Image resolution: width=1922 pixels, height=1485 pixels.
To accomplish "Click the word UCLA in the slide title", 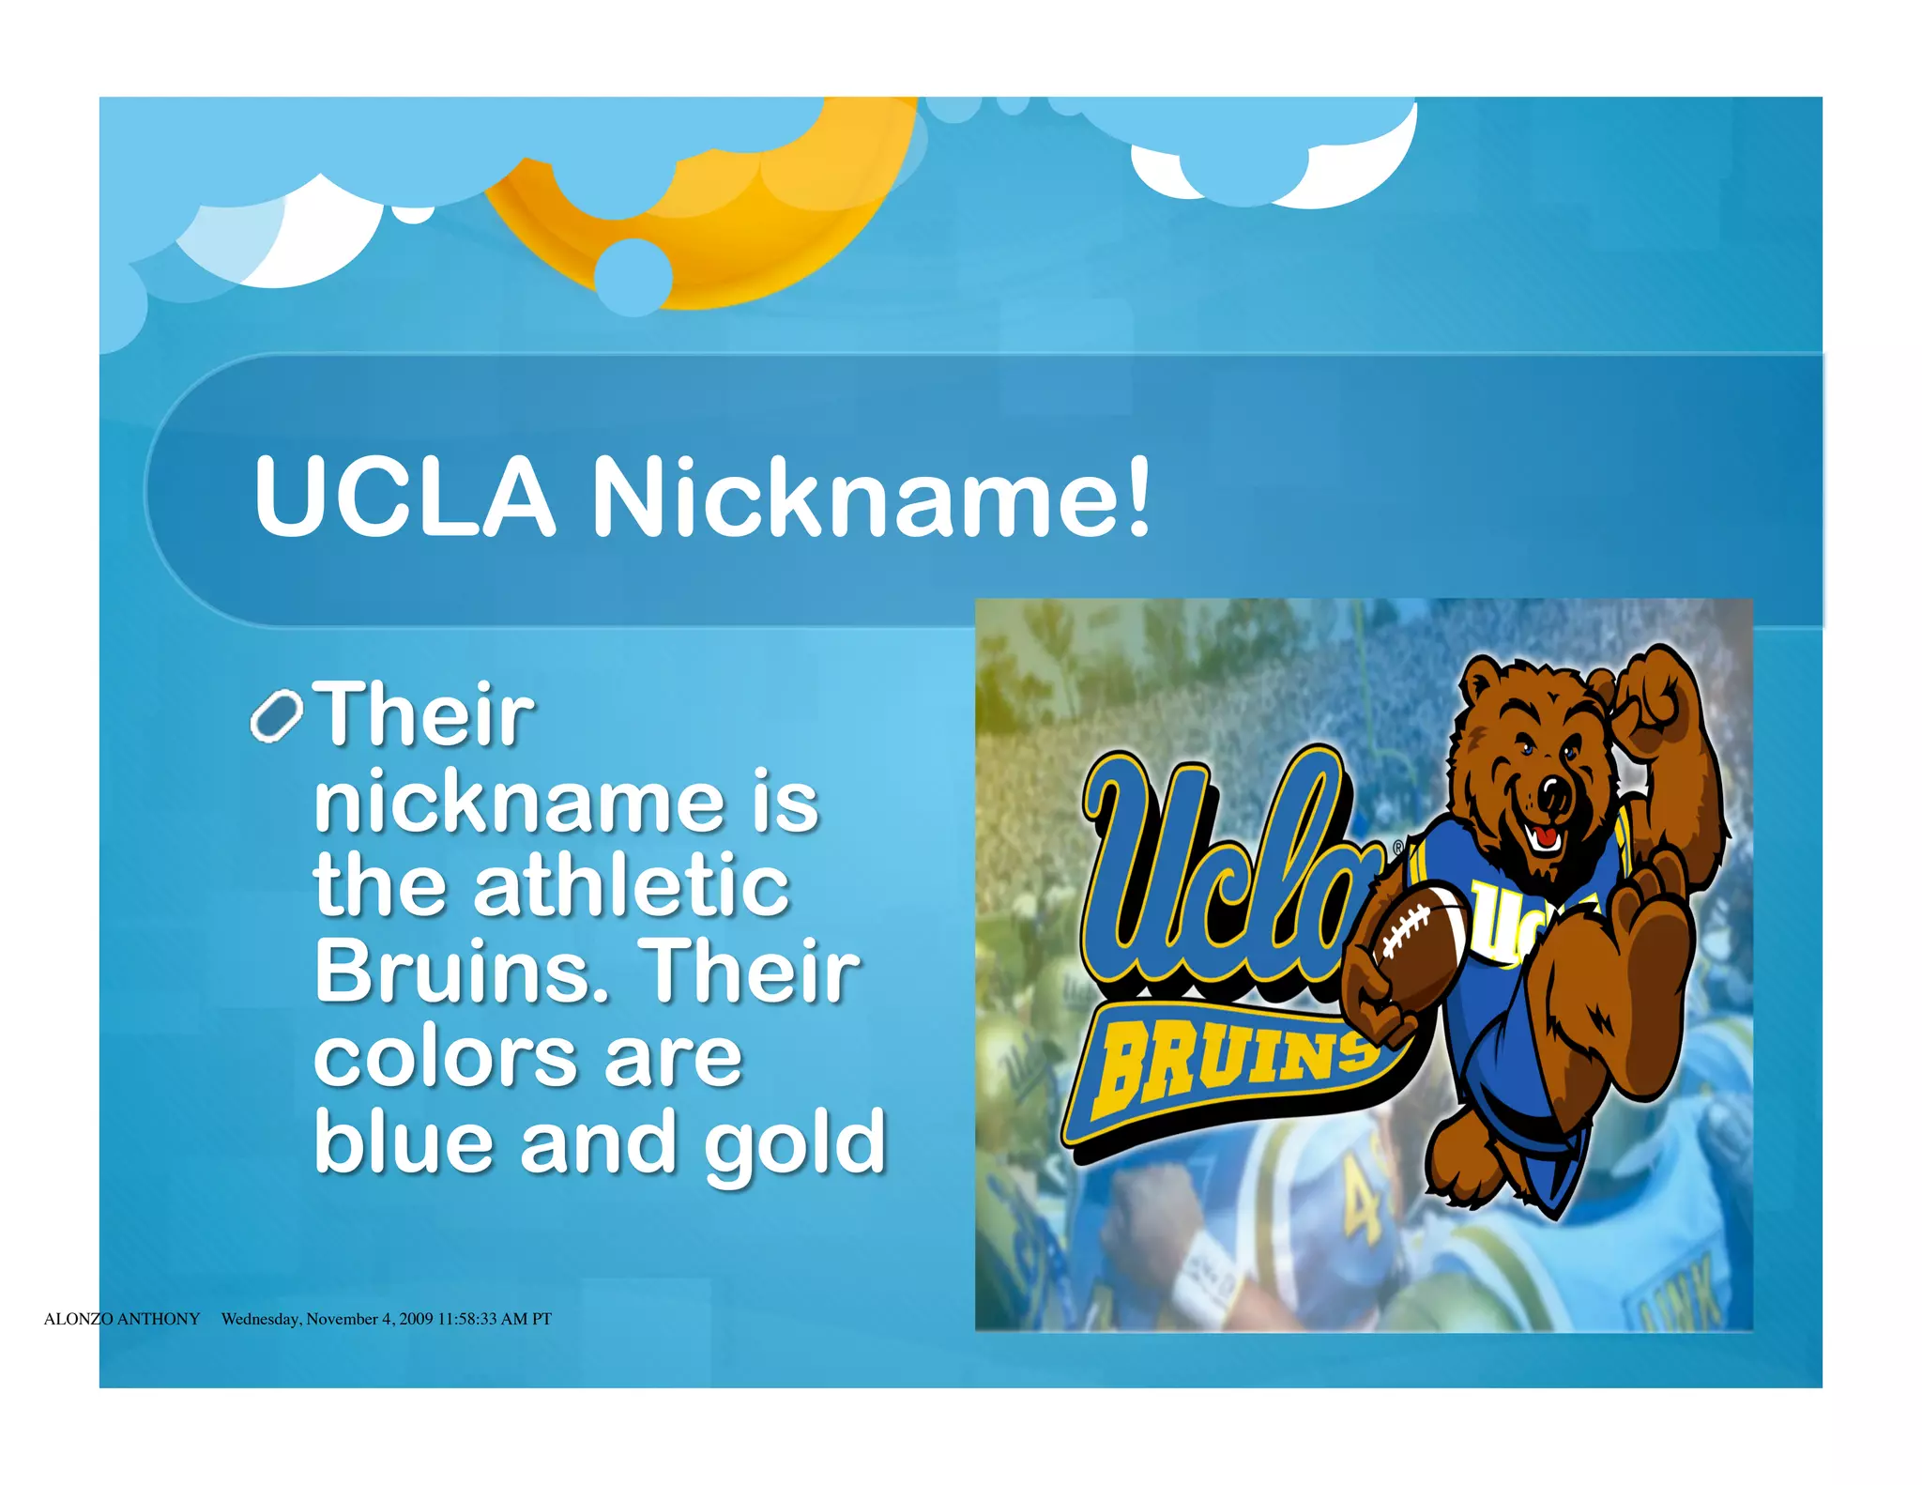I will [x=404, y=497].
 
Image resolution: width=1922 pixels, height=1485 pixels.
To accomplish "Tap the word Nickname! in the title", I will [x=870, y=497].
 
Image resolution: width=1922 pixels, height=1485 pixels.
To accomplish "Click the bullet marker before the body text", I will [x=276, y=718].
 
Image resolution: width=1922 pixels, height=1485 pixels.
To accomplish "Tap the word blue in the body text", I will [x=404, y=1142].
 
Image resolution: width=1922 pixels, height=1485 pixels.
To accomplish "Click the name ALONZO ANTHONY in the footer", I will [x=122, y=1319].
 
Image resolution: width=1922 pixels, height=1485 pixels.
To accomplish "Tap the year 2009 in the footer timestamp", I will [x=416, y=1319].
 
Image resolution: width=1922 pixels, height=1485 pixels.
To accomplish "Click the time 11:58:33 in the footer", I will [x=466, y=1319].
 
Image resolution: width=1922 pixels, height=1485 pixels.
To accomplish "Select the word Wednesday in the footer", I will [x=261, y=1319].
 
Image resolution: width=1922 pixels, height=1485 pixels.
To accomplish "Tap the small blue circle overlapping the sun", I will [x=633, y=276].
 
